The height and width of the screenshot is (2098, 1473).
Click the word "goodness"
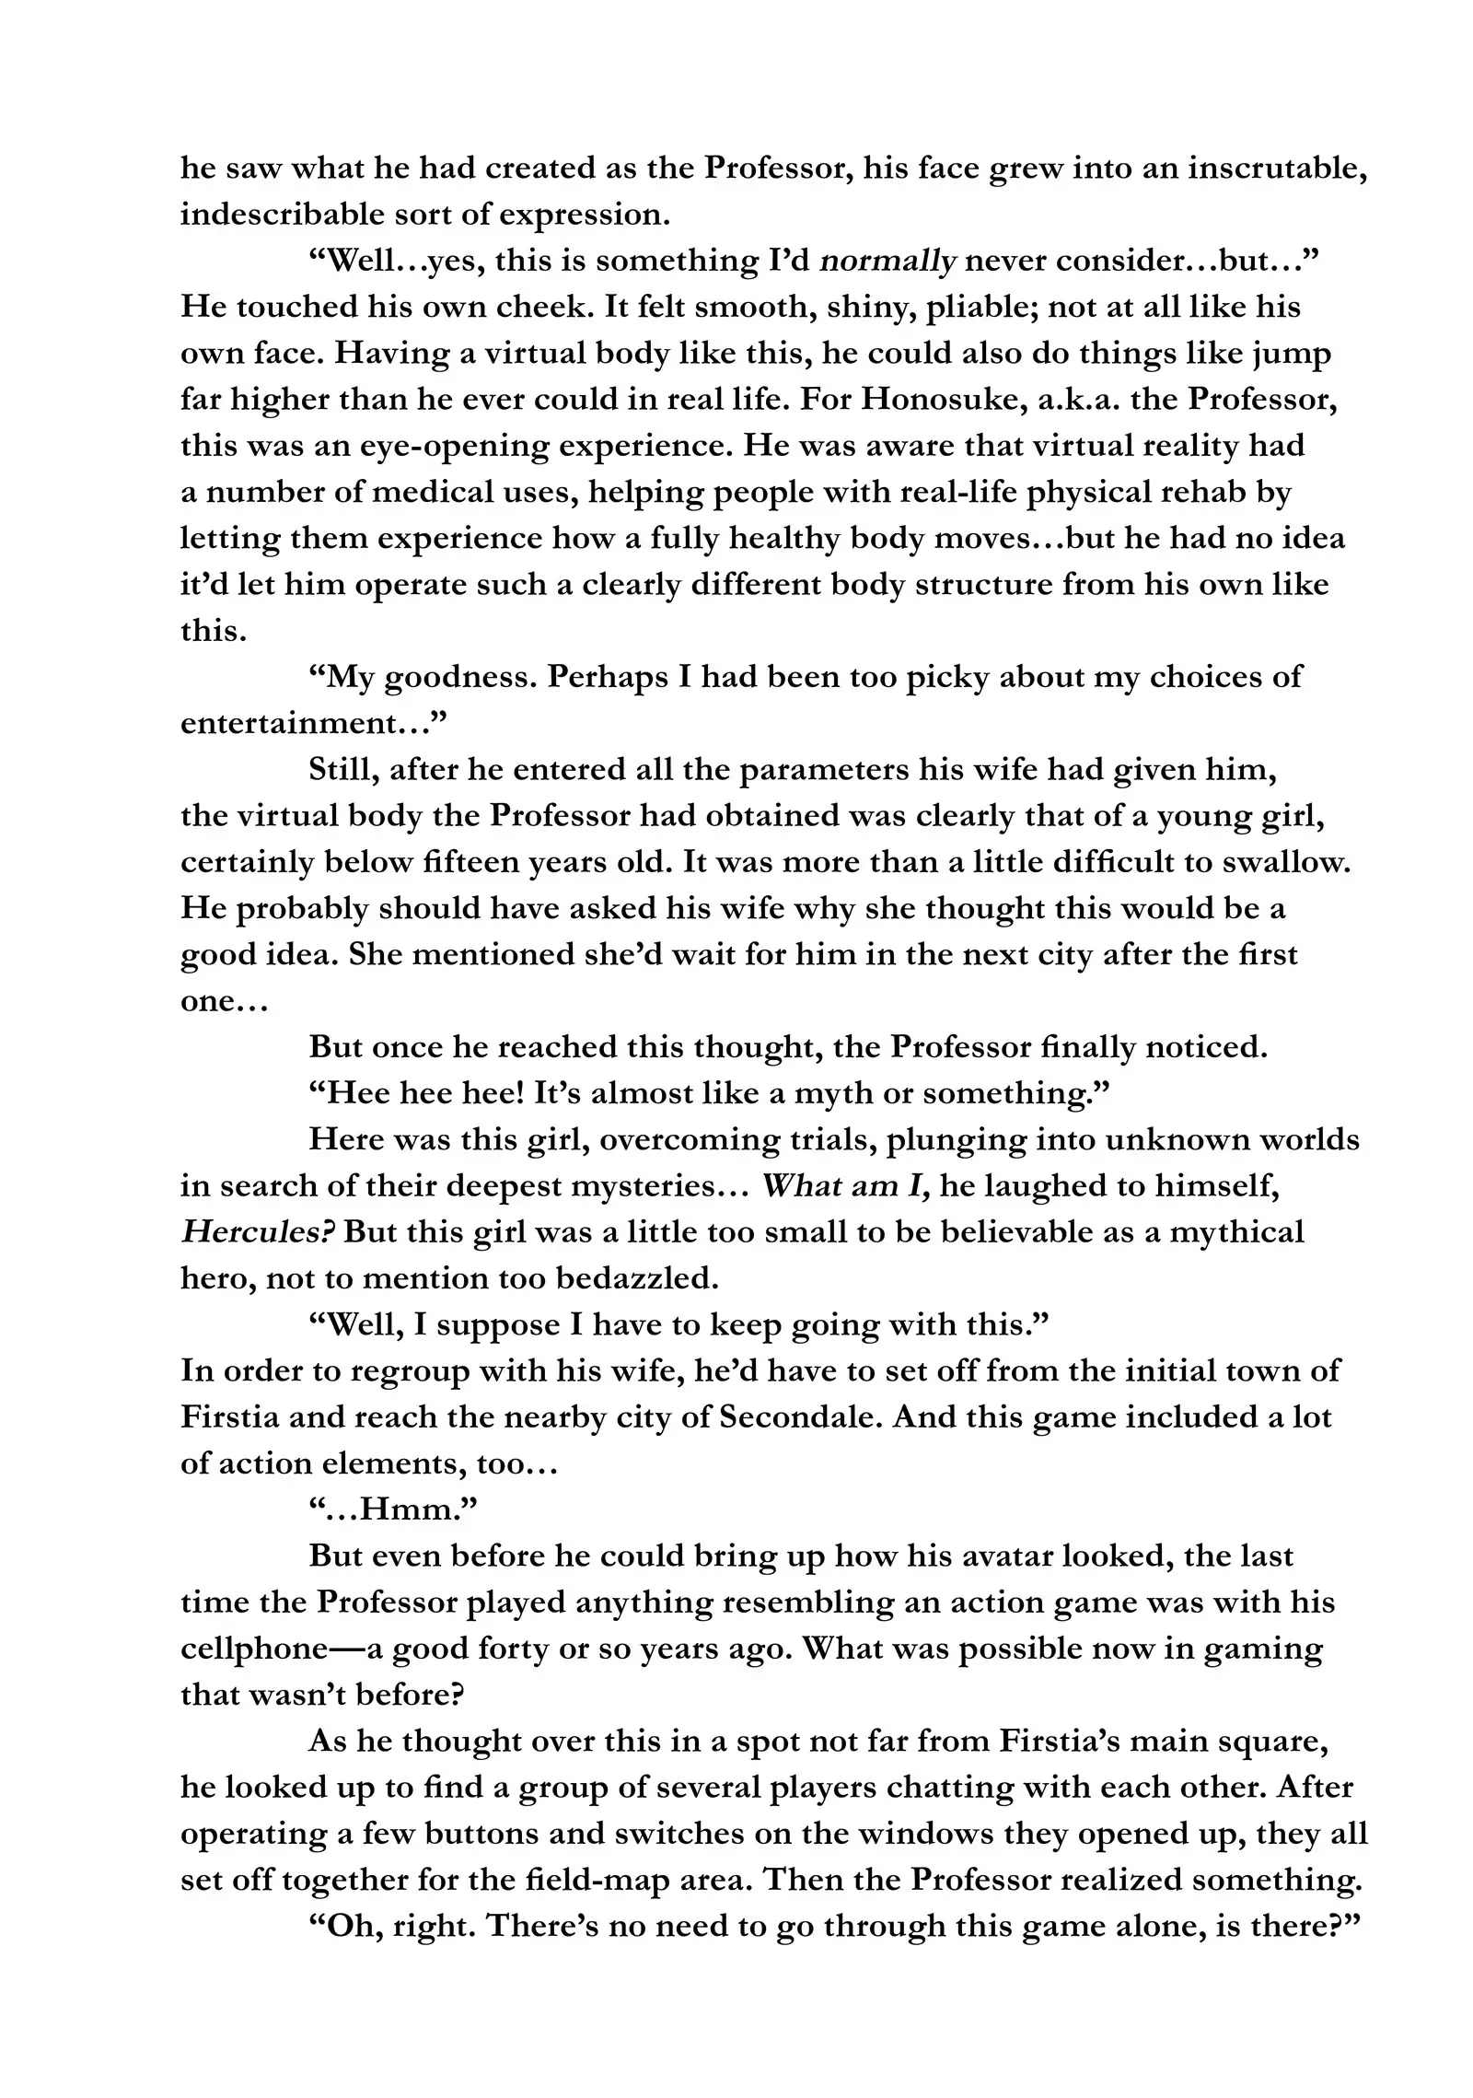(455, 678)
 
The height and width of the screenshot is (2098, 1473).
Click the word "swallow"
(1285, 863)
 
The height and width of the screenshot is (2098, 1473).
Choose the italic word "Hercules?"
(257, 1232)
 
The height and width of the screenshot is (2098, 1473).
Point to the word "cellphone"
(254, 1649)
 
